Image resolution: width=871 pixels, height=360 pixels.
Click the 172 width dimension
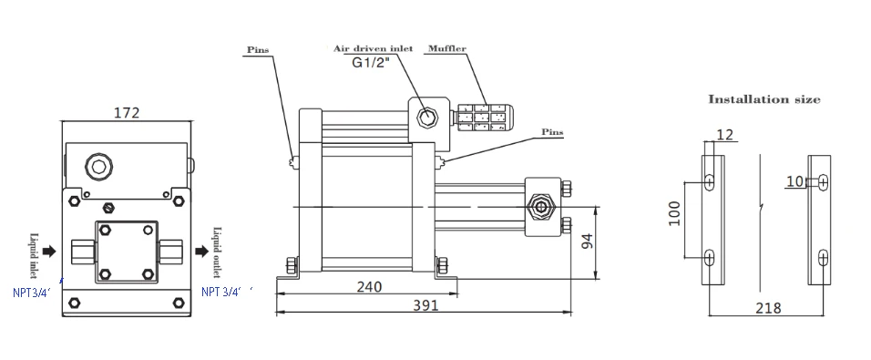coord(126,113)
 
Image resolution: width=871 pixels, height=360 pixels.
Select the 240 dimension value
coord(369,287)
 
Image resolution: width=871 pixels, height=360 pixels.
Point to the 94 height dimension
coord(587,242)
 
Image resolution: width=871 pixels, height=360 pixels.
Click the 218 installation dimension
coord(768,308)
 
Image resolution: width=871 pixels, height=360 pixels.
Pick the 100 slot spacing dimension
coord(674,213)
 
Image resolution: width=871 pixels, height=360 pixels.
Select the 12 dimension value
coord(725,135)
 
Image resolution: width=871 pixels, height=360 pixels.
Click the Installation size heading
coord(763,99)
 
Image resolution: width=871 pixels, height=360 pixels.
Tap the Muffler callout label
coord(446,49)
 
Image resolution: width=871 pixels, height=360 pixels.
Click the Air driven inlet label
coord(373,48)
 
